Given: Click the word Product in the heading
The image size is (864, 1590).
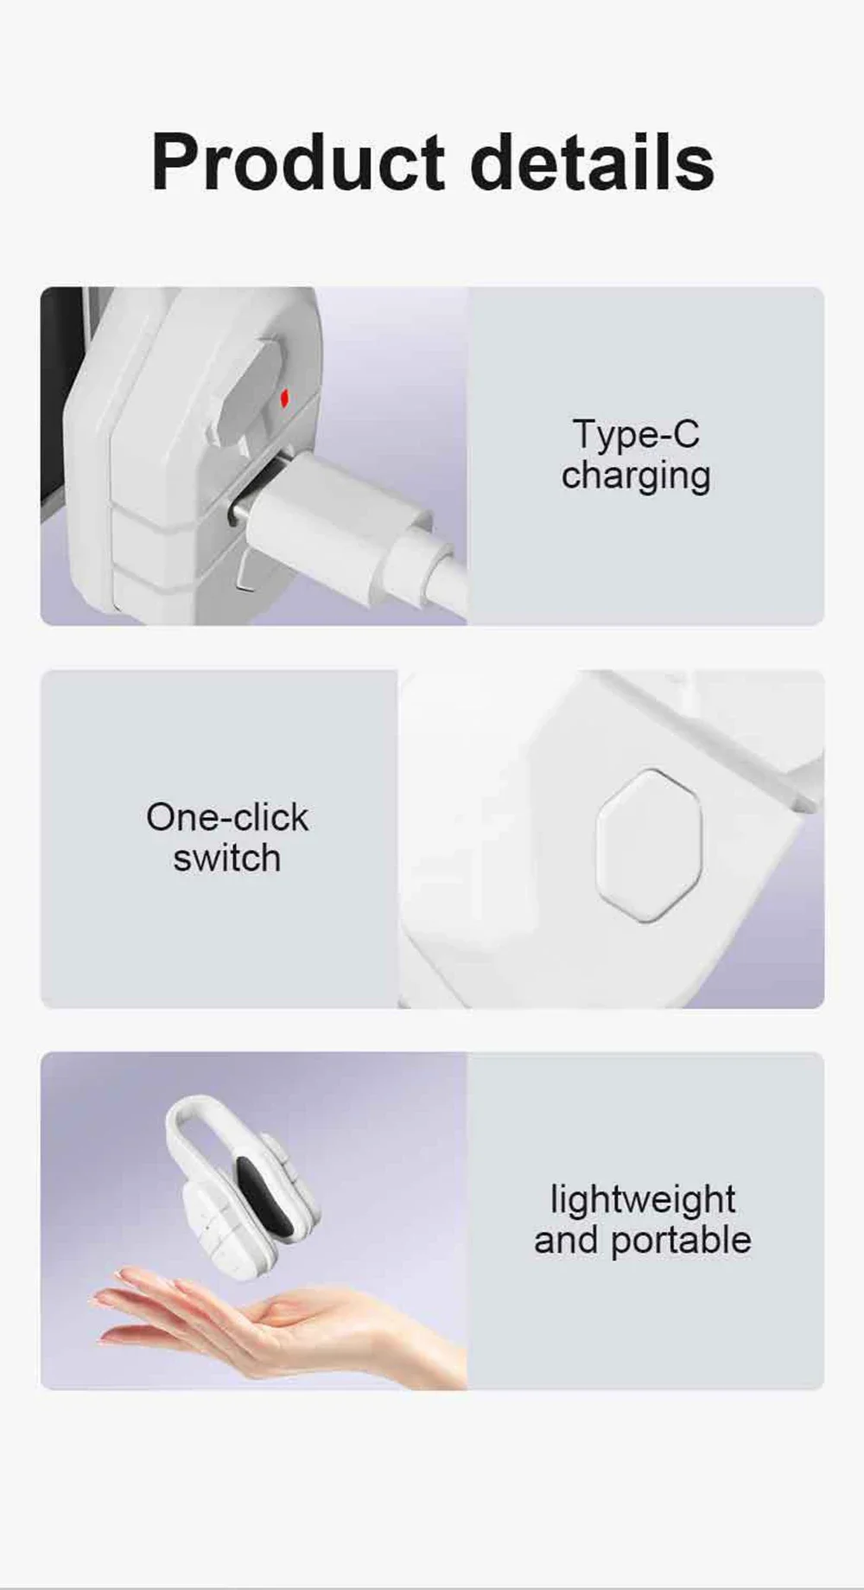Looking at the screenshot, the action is [x=298, y=162].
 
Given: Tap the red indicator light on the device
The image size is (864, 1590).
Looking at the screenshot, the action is [x=284, y=399].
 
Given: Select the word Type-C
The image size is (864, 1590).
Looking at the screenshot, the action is [x=636, y=434].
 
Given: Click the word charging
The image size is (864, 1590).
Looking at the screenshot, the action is [x=636, y=476].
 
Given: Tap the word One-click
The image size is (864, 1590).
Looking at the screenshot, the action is [x=227, y=817].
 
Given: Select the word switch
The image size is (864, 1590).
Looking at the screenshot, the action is [x=227, y=859].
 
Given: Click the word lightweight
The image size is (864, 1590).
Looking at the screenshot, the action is [x=643, y=1201].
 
